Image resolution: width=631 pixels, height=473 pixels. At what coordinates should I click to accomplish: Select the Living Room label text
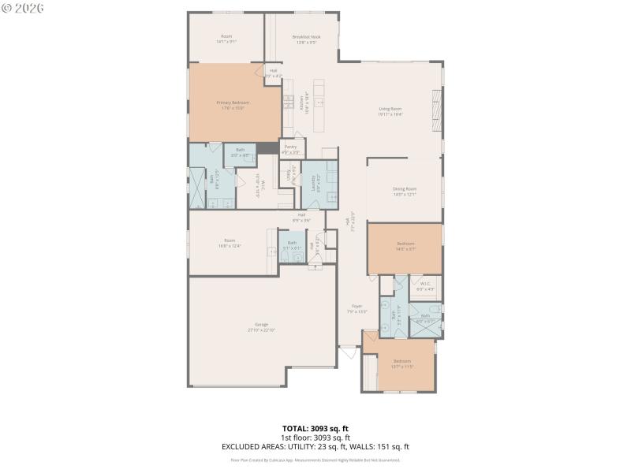pos(390,111)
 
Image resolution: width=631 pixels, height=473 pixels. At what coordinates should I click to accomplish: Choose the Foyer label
pos(357,308)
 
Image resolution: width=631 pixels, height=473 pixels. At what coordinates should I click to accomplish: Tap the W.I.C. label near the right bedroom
pos(425,285)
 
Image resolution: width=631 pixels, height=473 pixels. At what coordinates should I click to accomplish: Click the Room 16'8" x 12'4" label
pos(230,243)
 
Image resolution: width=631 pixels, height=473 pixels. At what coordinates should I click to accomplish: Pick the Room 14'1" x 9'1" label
pos(226,39)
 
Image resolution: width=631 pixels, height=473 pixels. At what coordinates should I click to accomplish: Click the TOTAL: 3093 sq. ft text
pos(315,429)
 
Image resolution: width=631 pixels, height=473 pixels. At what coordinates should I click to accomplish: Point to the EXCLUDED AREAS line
pos(315,446)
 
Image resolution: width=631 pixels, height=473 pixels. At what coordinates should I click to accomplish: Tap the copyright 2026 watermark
pos(23,8)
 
